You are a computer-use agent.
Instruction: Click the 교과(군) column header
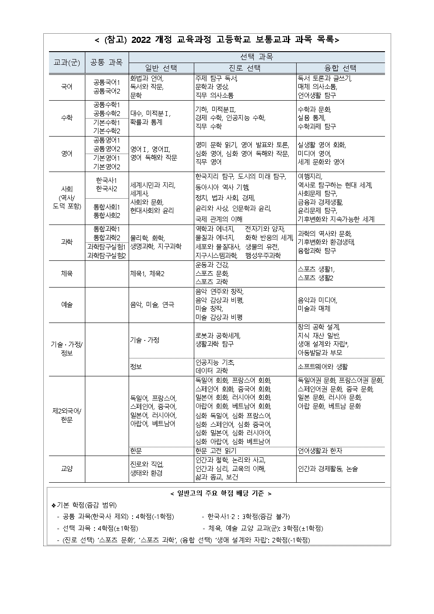66,63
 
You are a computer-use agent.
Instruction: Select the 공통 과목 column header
107,63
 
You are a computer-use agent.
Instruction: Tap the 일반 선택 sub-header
161,68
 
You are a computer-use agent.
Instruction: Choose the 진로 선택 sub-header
245,68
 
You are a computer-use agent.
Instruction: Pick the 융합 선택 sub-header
340,68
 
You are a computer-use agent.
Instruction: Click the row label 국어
66,87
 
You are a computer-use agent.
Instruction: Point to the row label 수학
66,118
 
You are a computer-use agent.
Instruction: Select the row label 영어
66,154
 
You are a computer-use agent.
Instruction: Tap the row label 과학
66,242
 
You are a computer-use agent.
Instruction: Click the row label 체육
66,274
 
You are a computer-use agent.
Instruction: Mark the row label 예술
66,305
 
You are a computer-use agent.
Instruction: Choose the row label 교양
66,469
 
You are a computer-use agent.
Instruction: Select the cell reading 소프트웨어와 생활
323,367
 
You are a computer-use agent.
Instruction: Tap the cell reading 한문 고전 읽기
216,451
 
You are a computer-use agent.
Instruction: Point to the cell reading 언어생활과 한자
320,451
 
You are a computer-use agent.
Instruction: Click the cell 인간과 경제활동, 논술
328,469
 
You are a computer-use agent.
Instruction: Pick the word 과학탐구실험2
107,256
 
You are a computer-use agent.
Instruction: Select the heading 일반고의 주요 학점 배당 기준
220,494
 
